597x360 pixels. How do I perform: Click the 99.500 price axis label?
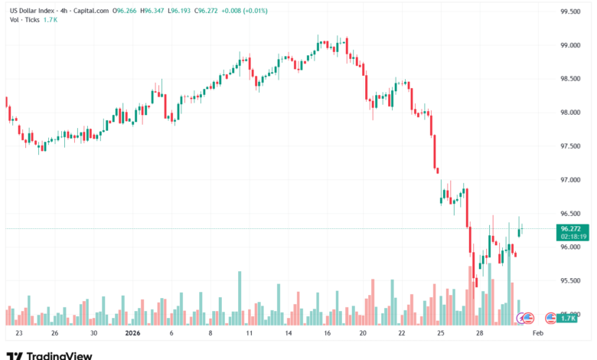click(571, 11)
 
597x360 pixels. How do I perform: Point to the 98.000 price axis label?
click(571, 113)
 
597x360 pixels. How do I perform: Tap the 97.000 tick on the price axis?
click(571, 180)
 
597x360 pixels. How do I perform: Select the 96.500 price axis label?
click(571, 214)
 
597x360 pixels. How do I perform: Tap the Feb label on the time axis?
click(537, 334)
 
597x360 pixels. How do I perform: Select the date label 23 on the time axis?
click(18, 334)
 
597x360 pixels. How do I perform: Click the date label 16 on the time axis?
click(327, 334)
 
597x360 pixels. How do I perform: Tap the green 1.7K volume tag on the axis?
click(567, 318)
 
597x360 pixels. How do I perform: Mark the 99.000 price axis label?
click(571, 45)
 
